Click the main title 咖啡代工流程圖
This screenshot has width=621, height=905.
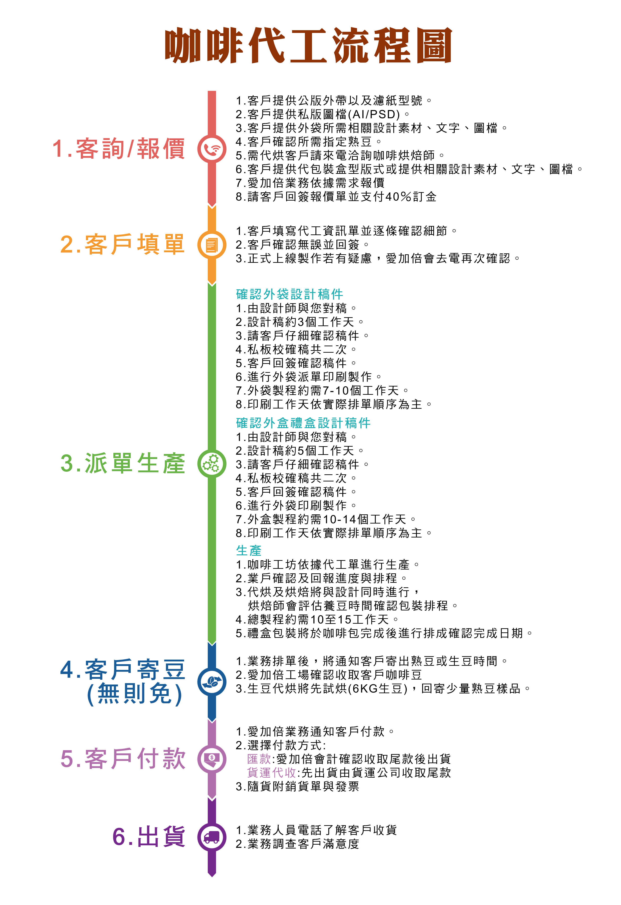click(x=308, y=46)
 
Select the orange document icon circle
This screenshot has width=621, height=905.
click(x=212, y=245)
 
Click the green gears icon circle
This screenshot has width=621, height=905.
click(x=212, y=463)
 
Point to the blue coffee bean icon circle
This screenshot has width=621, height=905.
click(x=212, y=682)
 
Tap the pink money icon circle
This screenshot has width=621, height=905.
click(x=212, y=759)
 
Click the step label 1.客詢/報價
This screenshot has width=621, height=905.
click(x=119, y=149)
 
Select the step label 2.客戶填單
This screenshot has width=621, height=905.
click(x=123, y=244)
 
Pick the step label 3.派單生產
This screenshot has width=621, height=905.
click(x=123, y=463)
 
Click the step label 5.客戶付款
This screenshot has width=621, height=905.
click(x=123, y=759)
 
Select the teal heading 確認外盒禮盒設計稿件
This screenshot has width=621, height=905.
click(x=303, y=423)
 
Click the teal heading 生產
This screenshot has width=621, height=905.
click(x=249, y=551)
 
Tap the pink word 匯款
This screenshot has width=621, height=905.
click(x=259, y=759)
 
